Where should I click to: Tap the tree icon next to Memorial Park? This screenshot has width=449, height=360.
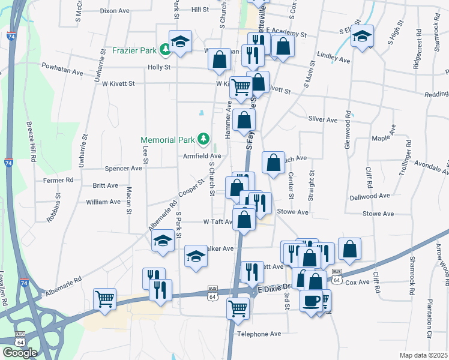point(203,139)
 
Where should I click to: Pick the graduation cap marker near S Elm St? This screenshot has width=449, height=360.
point(362,35)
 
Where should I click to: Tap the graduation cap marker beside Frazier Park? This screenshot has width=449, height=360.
point(180,41)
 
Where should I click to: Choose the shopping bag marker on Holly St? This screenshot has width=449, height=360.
point(220,59)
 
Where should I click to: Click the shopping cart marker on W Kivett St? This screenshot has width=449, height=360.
point(241,86)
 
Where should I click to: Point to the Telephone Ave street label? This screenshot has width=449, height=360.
point(259,334)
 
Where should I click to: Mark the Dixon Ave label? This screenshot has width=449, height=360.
point(115,11)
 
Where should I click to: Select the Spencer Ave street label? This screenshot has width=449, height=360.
point(123,168)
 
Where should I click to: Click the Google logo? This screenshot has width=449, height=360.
point(20,353)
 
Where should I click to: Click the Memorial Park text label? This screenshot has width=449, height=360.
point(168,140)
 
